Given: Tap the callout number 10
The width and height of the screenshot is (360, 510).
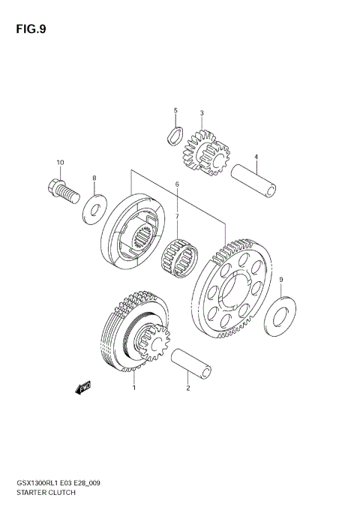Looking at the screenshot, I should [x=60, y=162].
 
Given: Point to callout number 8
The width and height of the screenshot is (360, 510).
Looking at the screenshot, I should [x=94, y=178].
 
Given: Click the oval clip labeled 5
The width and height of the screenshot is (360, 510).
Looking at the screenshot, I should [x=173, y=136].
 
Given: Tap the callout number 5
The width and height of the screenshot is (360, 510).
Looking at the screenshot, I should [x=175, y=111].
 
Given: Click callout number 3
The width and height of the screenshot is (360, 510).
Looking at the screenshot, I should [x=202, y=113].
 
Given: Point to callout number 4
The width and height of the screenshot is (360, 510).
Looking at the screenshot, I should [x=256, y=157].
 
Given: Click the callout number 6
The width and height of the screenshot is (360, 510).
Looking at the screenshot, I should [x=177, y=184].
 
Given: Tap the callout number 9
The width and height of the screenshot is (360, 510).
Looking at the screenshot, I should [x=280, y=280].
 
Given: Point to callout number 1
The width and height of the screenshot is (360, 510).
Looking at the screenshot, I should [x=133, y=388].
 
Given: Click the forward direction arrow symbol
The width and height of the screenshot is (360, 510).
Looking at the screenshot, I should [x=82, y=387].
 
